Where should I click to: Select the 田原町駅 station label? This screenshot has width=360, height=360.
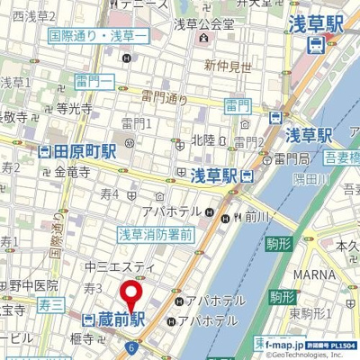click(84, 151)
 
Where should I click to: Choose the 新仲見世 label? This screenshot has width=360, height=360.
click(227, 65)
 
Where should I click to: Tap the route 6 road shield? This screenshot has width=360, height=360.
click(131, 347)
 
